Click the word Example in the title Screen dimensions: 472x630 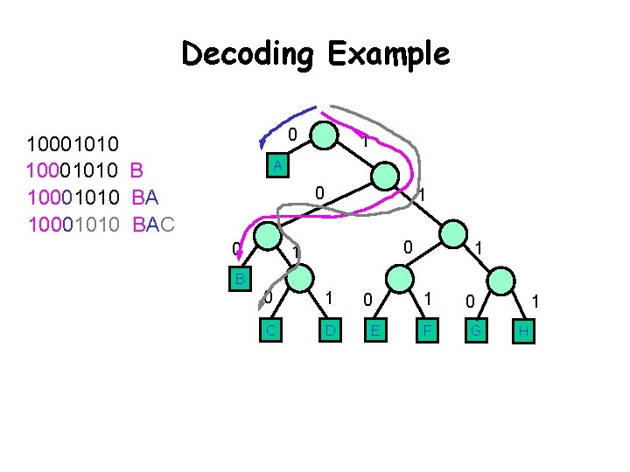tap(388, 55)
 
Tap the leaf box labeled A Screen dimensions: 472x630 tap(276, 165)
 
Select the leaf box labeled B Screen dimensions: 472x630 tap(238, 279)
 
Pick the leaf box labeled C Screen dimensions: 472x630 tap(273, 330)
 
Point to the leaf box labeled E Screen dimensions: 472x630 tap(374, 330)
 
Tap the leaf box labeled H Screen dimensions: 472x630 tap(522, 330)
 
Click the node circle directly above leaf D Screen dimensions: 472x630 tap(299, 281)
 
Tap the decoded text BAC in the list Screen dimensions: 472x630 tap(154, 225)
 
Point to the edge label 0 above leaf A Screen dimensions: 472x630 tap(294, 134)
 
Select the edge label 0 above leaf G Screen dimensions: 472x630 tap(470, 302)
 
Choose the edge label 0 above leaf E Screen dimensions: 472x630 tap(368, 300)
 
